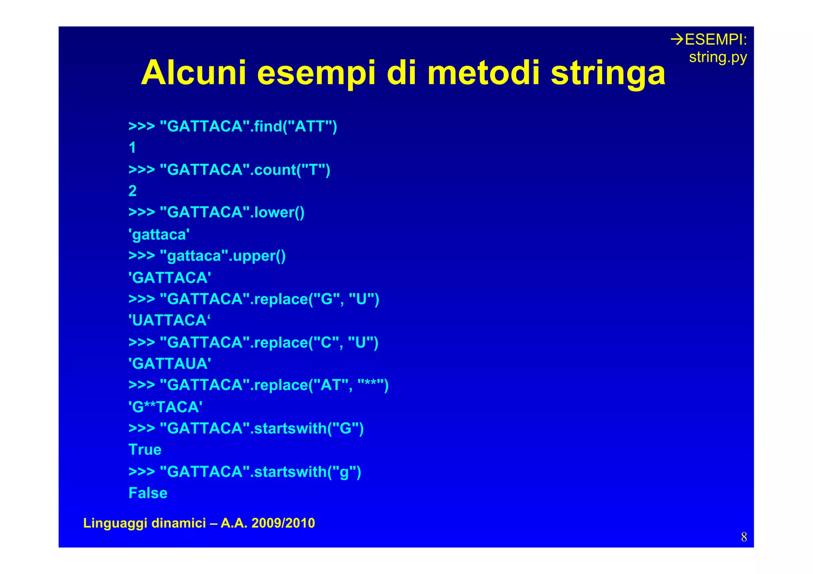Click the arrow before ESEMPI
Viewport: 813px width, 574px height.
677,39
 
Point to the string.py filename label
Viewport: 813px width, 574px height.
718,57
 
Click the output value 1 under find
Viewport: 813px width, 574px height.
133,148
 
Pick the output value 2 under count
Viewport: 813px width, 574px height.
133,191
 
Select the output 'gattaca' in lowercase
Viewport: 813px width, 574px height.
159,234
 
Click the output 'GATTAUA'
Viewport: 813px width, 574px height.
170,363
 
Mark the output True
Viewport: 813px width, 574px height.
145,450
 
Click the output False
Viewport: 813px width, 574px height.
148,493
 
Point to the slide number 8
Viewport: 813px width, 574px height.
744,537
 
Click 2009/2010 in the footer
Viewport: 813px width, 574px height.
283,523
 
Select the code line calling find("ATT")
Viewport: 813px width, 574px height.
233,127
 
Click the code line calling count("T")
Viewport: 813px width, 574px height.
229,170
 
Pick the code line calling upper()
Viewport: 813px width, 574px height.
207,256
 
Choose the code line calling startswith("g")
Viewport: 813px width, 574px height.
245,472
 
